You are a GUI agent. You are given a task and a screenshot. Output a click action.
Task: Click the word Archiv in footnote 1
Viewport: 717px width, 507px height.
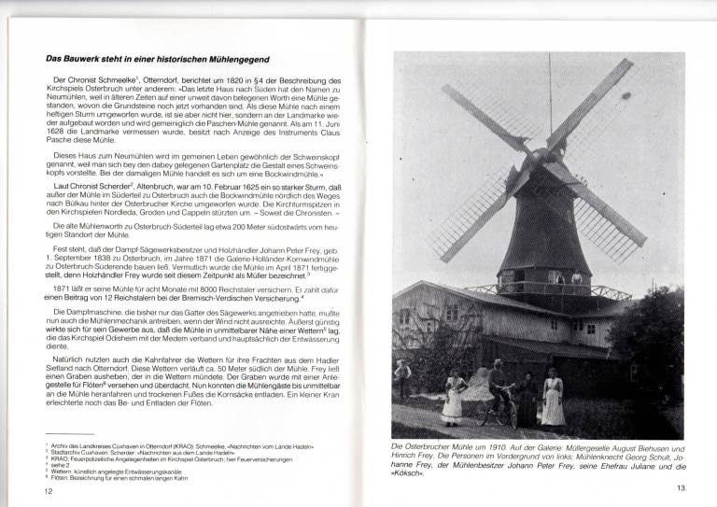coord(59,447)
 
